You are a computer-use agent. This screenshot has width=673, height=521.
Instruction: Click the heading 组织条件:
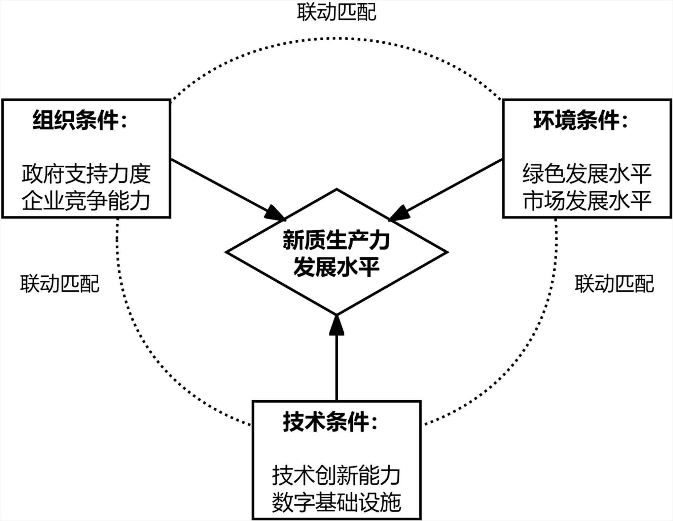pyautogui.click(x=80, y=120)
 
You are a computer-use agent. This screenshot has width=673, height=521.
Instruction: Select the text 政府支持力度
pyautogui.click(x=86, y=174)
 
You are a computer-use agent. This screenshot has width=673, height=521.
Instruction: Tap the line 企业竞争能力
pyautogui.click(x=86, y=201)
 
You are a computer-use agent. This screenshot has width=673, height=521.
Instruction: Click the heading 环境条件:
pyautogui.click(x=581, y=120)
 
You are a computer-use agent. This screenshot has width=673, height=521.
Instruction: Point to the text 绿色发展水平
pyautogui.click(x=587, y=174)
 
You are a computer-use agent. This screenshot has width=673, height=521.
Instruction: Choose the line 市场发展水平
pyautogui.click(x=587, y=201)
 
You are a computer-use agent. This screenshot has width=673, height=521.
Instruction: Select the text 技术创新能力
pyautogui.click(x=336, y=476)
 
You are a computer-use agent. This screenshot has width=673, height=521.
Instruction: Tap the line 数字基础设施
pyautogui.click(x=336, y=503)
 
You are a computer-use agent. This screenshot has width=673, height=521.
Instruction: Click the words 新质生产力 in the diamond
pyautogui.click(x=336, y=240)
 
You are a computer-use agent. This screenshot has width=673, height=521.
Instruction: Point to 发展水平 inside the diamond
pyautogui.click(x=336, y=267)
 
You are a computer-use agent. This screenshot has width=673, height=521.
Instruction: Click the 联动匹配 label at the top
pyautogui.click(x=336, y=12)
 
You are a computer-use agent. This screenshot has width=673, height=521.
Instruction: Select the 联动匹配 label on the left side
pyautogui.click(x=60, y=284)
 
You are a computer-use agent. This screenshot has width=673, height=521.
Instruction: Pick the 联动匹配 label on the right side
pyautogui.click(x=614, y=284)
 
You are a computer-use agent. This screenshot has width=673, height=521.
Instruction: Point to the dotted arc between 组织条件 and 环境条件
pyautogui.click(x=336, y=38)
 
